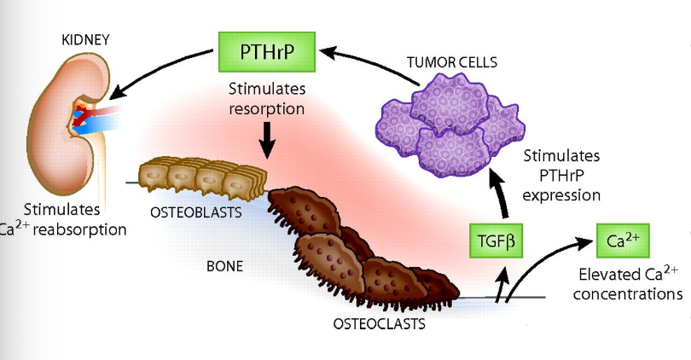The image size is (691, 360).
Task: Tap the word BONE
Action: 224,266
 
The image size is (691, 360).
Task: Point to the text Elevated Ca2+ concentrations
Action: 627,284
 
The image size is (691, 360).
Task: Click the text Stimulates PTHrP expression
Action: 560,175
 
